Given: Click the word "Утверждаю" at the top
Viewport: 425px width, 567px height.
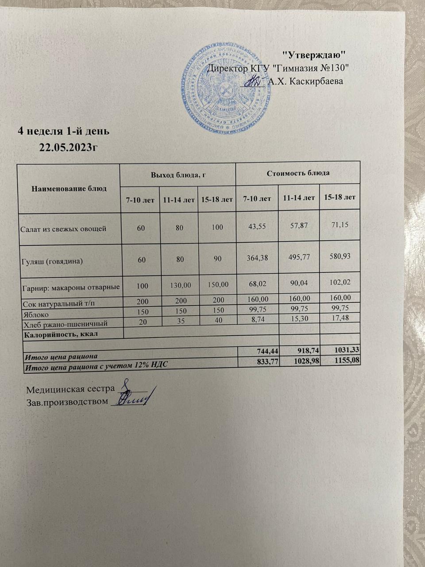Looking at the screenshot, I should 314,55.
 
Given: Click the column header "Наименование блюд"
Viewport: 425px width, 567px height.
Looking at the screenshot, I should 69,188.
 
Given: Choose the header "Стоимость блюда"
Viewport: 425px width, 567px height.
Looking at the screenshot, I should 298,173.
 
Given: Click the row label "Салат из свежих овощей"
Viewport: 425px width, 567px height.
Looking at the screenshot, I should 63,229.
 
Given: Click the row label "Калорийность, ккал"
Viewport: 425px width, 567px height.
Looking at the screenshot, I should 61,334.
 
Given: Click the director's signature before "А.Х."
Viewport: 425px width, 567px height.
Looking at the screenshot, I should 254,81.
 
